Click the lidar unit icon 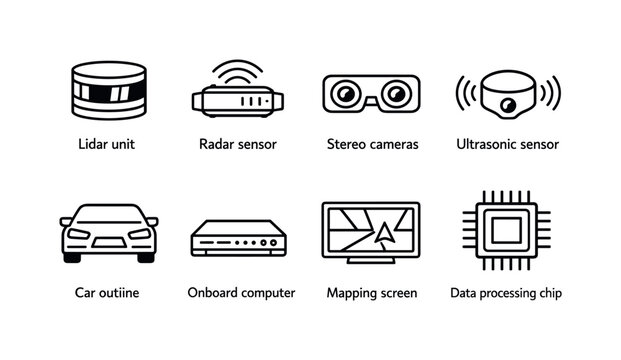click(105, 91)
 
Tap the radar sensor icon click(237, 98)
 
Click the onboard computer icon click(237, 241)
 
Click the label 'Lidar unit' click(105, 144)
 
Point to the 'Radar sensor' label click(238, 144)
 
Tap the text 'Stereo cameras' click(372, 144)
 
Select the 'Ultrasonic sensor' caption click(507, 144)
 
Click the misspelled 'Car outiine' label click(105, 293)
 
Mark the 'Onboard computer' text click(241, 293)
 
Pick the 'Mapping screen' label click(372, 293)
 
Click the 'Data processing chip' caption click(506, 293)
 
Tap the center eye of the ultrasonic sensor click(506, 100)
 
